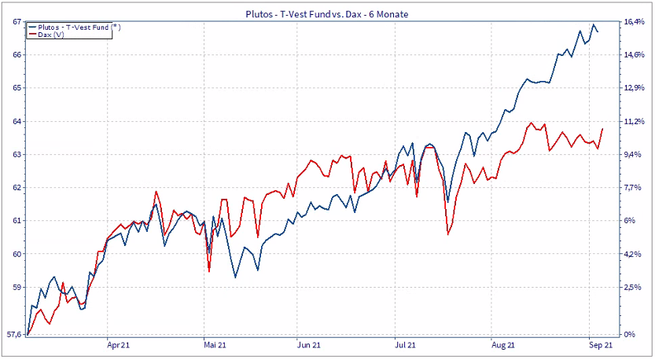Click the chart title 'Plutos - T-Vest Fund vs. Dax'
click(327, 13)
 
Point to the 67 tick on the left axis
click(16, 22)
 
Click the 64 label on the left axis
click(16, 122)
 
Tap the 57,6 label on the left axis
click(13, 335)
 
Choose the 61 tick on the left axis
click(16, 221)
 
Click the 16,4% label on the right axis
click(635, 22)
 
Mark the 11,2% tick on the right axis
click(635, 122)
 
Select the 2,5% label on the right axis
click(634, 288)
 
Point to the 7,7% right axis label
click(634, 188)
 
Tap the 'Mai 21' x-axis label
click(215, 344)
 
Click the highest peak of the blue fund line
click(593, 25)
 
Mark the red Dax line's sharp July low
click(447, 233)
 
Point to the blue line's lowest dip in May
click(235, 277)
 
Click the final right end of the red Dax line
click(602, 128)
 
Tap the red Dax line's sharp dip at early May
click(209, 271)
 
